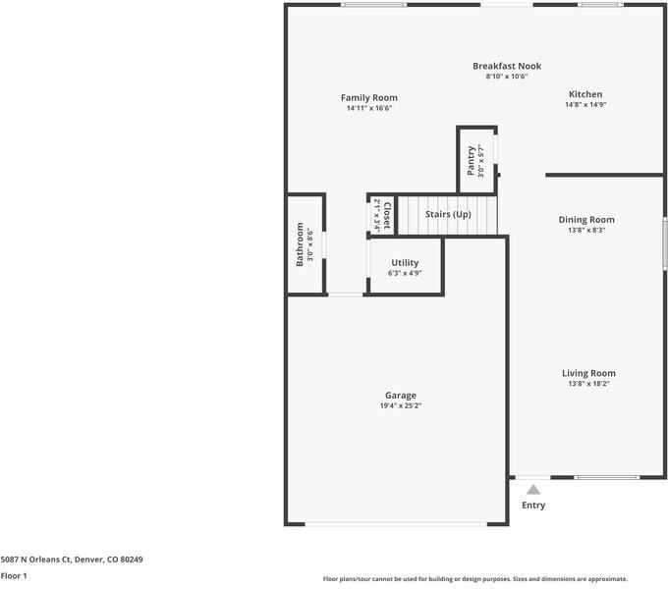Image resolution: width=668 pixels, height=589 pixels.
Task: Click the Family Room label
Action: (369, 97)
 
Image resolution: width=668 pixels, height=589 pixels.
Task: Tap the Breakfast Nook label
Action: (507, 66)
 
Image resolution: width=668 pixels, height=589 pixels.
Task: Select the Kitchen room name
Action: (585, 94)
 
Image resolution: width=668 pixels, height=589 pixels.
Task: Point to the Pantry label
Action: (472, 159)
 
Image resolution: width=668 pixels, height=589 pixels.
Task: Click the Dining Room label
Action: (586, 220)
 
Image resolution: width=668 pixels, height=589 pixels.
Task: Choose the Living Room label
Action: (588, 373)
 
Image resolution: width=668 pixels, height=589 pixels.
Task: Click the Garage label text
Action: (400, 396)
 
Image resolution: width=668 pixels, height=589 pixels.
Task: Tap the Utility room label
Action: (405, 262)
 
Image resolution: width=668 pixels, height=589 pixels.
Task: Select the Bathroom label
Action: (301, 245)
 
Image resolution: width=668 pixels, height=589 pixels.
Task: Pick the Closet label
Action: (387, 215)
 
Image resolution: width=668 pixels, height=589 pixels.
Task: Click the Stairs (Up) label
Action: (448, 214)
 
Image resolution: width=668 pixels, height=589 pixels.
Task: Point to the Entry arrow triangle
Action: (532, 489)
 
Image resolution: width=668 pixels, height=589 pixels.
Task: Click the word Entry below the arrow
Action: (532, 506)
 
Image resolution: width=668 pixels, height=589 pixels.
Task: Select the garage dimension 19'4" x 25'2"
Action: (400, 405)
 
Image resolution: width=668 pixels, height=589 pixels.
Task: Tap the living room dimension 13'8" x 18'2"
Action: (588, 384)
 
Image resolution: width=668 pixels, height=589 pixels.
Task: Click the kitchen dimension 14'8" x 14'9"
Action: (585, 104)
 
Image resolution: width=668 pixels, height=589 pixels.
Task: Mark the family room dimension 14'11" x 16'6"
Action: (369, 108)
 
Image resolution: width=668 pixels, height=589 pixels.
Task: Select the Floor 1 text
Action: (14, 576)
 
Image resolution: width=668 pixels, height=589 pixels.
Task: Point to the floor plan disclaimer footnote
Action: (475, 579)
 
